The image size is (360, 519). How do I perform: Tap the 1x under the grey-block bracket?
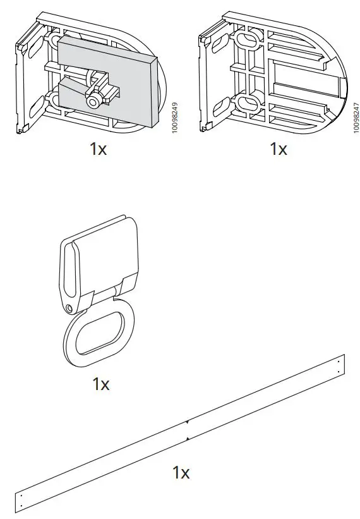click(x=98, y=149)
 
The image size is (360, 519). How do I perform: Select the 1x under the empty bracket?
click(x=278, y=149)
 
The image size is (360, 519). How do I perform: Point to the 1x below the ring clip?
click(x=101, y=384)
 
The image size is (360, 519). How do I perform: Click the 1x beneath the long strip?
click(x=181, y=472)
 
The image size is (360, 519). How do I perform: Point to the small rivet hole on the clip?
click(x=68, y=308)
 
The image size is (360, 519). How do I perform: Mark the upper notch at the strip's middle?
click(x=187, y=422)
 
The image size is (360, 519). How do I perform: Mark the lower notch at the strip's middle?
click(x=188, y=438)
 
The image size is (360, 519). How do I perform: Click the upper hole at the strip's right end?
click(x=339, y=361)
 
